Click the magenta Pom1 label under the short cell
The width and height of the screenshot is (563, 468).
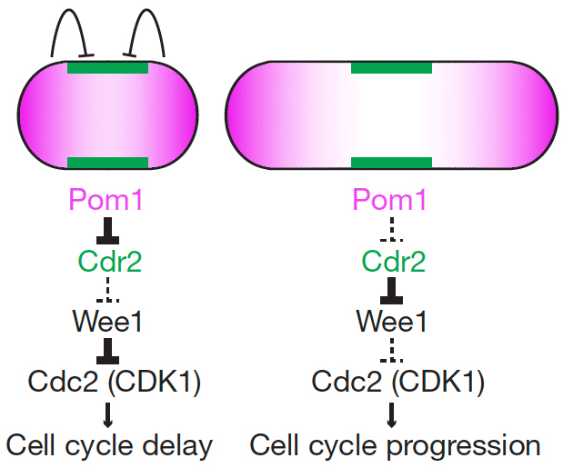tap(107, 200)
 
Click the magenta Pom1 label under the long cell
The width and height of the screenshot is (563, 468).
tap(392, 200)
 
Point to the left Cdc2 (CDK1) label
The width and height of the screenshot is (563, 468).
tap(109, 382)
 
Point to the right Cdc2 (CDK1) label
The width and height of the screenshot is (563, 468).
tap(393, 382)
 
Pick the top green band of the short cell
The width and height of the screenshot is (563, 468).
tap(107, 68)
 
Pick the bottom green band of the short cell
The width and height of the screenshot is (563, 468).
tap(107, 163)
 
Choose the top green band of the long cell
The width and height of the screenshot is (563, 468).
tap(391, 68)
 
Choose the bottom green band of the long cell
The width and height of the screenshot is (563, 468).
tap(391, 163)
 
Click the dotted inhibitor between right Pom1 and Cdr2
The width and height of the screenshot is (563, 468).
tap(392, 231)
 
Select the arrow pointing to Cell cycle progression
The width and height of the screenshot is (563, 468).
tap(392, 413)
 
